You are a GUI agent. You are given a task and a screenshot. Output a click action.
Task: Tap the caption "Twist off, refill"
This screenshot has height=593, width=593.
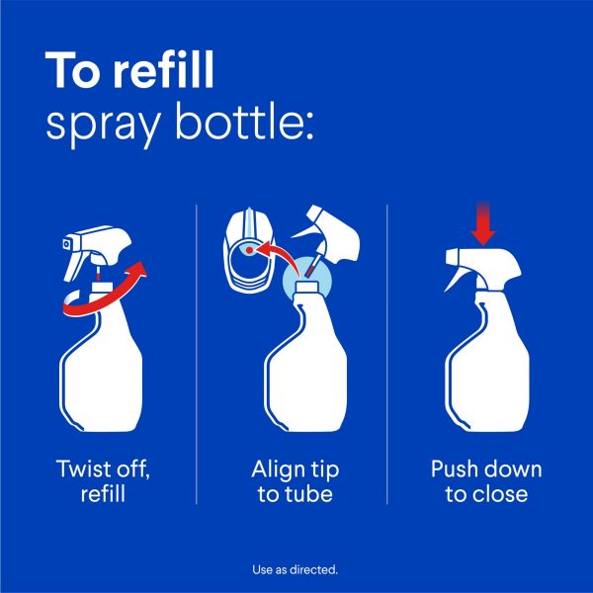103,480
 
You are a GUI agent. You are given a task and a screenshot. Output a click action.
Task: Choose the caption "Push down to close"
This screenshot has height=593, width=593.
485,480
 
